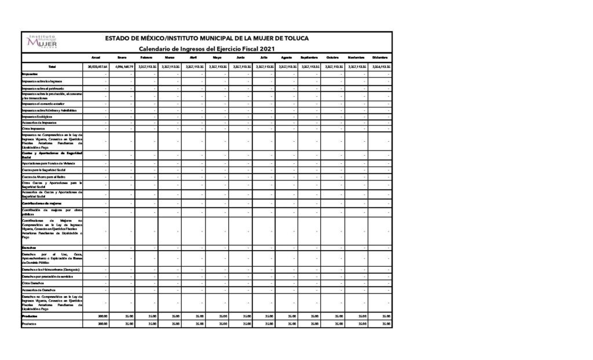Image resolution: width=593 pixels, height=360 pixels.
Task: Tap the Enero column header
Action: (x=122, y=57)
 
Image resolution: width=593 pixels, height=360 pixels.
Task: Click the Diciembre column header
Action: (x=380, y=57)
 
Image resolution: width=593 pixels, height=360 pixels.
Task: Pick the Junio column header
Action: (x=240, y=57)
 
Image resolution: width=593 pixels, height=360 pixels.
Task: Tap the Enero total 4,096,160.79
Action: (x=123, y=67)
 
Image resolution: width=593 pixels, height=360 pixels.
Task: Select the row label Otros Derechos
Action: (x=34, y=283)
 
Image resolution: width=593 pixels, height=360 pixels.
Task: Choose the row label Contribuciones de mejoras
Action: (x=41, y=203)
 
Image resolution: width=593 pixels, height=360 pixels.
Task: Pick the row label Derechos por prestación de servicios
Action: (x=47, y=277)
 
